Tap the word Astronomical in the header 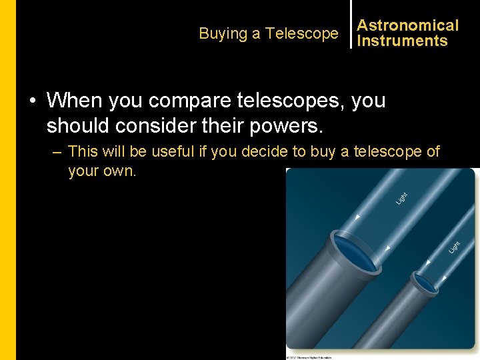pyautogui.click(x=408, y=25)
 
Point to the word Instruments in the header pyautogui.click(x=402, y=41)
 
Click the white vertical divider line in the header pyautogui.click(x=351, y=25)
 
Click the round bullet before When pyautogui.click(x=32, y=101)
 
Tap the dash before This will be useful pyautogui.click(x=57, y=152)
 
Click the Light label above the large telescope pyautogui.click(x=401, y=198)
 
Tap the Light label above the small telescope pyautogui.click(x=454, y=247)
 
